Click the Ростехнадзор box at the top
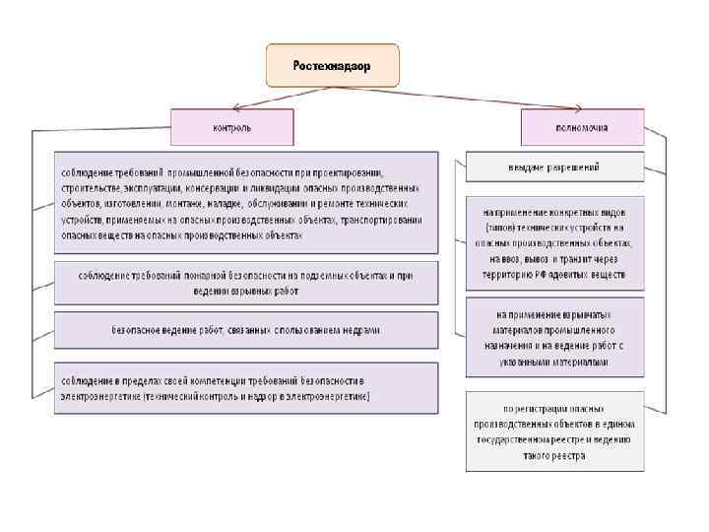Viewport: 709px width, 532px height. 332,64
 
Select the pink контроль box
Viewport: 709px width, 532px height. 232,127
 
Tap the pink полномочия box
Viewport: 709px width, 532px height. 583,127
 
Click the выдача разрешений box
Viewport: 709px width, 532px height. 554,167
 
